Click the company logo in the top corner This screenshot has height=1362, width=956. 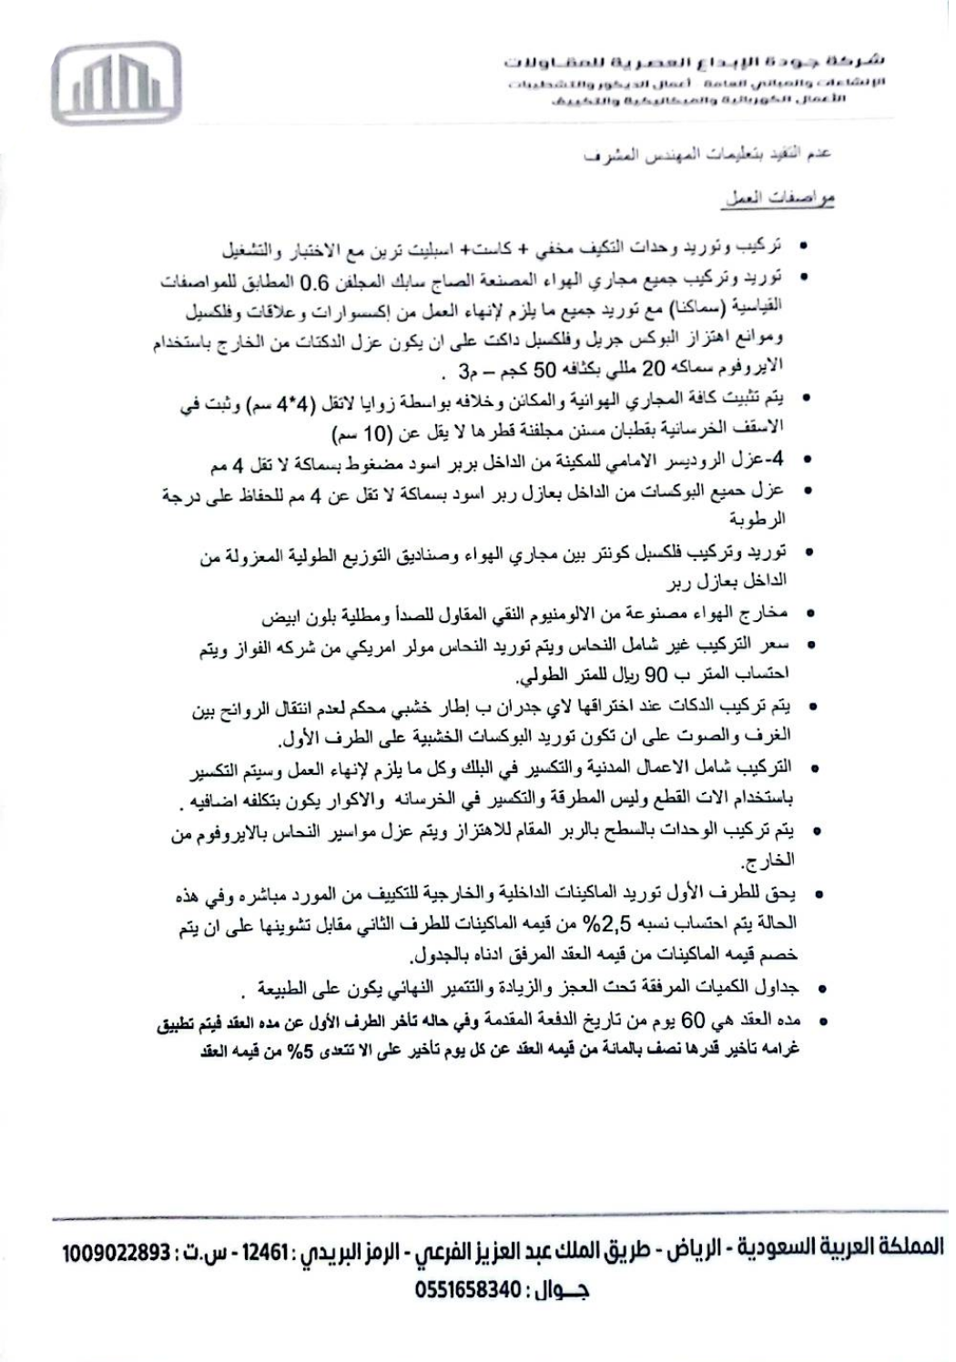[x=122, y=84]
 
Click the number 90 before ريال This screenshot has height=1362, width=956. [x=671, y=676]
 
